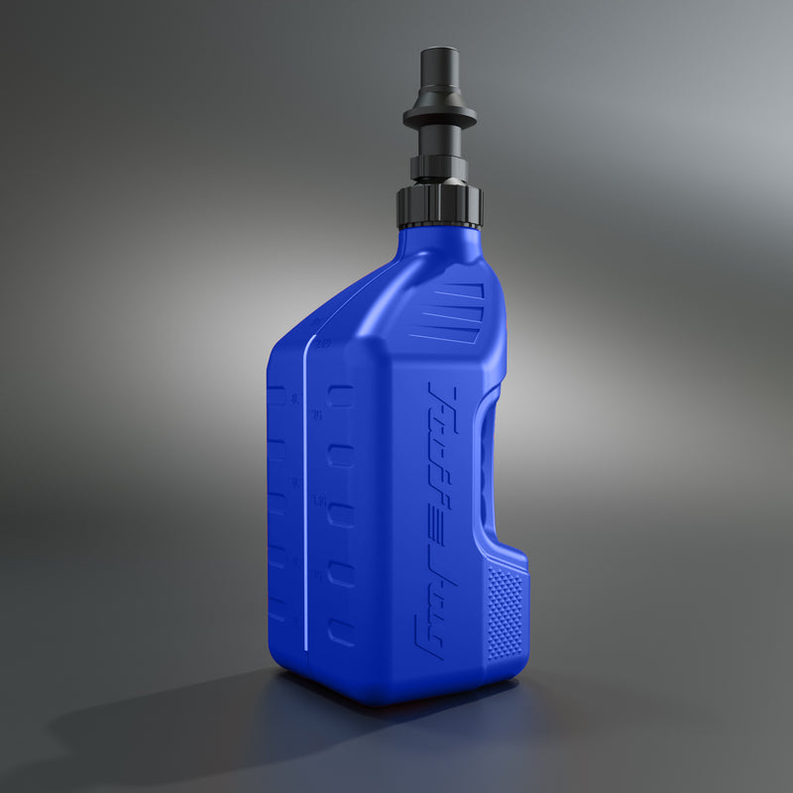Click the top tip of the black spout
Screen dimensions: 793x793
coord(438,50)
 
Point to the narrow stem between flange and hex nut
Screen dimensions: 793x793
coord(439,140)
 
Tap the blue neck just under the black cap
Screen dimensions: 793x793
coord(436,238)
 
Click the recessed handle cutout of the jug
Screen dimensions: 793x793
coord(488,466)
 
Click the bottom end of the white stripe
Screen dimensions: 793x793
coord(304,646)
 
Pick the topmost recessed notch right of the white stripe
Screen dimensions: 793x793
coord(340,396)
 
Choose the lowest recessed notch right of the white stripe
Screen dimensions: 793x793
coord(340,632)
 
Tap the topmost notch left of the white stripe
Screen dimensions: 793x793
coord(278,396)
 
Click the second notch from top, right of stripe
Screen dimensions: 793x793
coord(340,455)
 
